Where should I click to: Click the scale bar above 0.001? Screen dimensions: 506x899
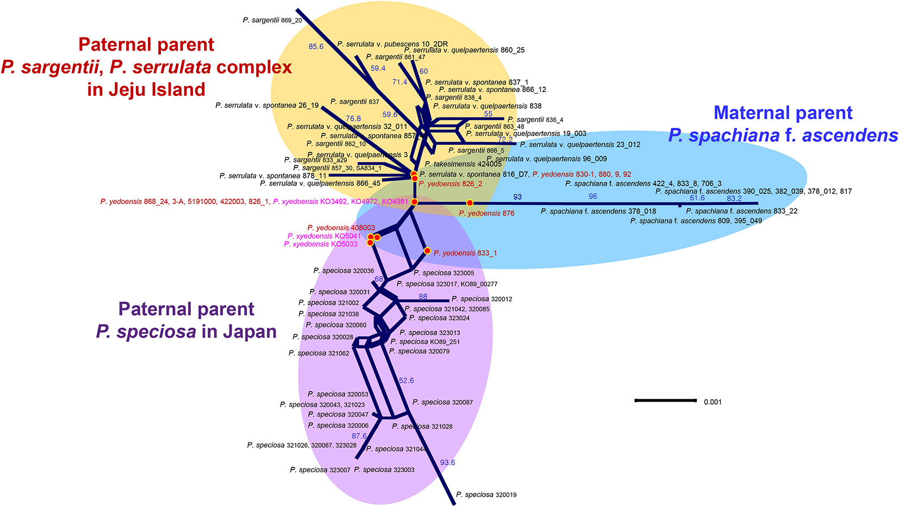[x=665, y=400]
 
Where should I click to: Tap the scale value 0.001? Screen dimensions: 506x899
[x=713, y=402]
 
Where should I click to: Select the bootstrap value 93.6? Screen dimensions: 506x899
[x=447, y=462]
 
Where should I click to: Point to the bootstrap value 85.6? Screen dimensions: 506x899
[x=316, y=47]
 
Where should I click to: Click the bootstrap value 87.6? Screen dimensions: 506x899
[x=359, y=436]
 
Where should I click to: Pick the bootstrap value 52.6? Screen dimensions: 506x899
[x=406, y=380]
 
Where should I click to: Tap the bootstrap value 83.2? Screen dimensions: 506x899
[x=734, y=199]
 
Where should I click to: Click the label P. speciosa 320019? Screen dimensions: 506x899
[x=486, y=495]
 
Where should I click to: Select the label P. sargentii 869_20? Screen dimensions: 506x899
[x=272, y=20]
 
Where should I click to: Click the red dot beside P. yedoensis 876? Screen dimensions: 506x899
[x=470, y=203]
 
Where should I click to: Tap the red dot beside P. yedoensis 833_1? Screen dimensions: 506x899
[x=427, y=251]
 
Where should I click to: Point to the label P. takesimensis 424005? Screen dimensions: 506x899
[x=463, y=164]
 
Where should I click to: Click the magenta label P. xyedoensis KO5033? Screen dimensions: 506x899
[x=321, y=244]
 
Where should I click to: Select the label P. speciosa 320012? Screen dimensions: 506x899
[x=482, y=299]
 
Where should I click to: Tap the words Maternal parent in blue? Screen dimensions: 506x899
[x=783, y=113]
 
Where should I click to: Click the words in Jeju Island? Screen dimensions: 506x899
[x=146, y=89]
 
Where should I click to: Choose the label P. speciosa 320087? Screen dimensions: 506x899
[x=442, y=402]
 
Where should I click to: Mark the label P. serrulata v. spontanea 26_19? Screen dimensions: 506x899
[x=267, y=105]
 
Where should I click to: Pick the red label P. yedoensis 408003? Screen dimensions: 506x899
[x=341, y=227]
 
